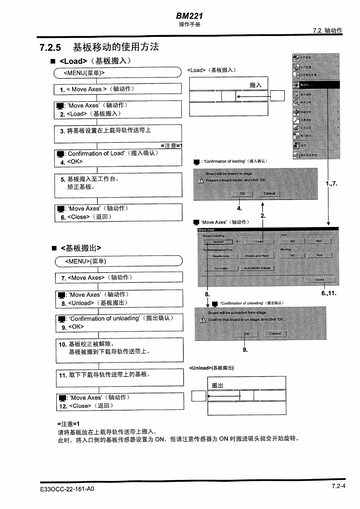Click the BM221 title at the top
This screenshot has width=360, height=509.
point(189,16)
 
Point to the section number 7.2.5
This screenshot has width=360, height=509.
point(50,47)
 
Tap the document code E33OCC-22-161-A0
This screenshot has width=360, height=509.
point(67,489)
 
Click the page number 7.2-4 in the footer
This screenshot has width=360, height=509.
point(338,486)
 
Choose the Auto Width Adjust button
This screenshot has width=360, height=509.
point(257,268)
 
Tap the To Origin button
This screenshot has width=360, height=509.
point(221,268)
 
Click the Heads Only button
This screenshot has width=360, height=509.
point(221,256)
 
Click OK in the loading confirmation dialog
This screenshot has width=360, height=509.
point(242,194)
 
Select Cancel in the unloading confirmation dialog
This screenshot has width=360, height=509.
point(275,334)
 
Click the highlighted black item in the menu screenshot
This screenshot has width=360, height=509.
point(316,85)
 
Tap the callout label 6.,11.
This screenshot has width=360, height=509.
point(329,293)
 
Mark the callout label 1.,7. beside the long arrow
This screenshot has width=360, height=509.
point(331,184)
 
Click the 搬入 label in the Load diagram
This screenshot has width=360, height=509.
point(255,85)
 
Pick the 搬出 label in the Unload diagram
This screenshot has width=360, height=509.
point(217,385)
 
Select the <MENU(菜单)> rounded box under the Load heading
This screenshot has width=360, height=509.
point(117,73)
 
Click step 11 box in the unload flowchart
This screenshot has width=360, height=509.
point(119,378)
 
